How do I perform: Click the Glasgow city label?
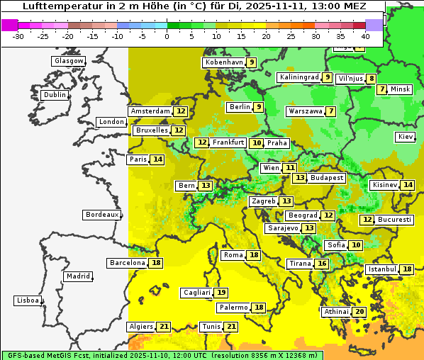click(68, 61)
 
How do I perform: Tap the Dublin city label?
click(55, 95)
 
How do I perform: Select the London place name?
click(111, 122)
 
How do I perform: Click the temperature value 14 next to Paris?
click(157, 159)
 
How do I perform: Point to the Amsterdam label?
click(150, 111)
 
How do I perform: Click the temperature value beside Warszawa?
click(330, 111)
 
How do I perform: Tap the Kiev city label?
click(406, 137)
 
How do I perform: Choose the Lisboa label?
click(27, 300)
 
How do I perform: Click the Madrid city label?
click(78, 276)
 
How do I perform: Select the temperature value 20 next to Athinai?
click(359, 312)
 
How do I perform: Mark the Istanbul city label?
click(382, 269)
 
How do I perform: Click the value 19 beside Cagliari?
click(221, 293)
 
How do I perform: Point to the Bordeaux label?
click(102, 214)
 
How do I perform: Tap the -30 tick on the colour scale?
click(19, 36)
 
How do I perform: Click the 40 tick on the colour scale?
click(365, 36)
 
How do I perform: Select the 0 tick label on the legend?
click(167, 36)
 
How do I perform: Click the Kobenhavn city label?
click(223, 62)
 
